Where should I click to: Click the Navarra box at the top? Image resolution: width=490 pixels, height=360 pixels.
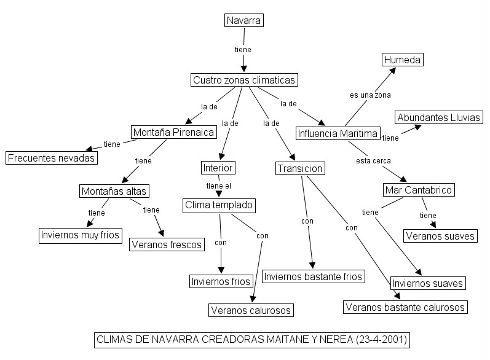(244, 21)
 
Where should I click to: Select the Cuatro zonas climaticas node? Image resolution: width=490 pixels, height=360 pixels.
(245, 80)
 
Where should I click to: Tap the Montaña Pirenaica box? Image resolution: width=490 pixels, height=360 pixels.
(173, 132)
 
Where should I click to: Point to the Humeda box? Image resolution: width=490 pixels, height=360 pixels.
(403, 60)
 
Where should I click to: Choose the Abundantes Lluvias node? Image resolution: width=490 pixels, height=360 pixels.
(438, 117)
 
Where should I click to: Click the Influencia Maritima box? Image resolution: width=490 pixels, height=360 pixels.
(338, 133)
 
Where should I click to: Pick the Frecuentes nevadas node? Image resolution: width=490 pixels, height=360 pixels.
(52, 158)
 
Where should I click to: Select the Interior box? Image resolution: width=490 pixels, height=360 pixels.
(218, 167)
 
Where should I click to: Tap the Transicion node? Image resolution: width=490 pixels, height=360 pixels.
(300, 168)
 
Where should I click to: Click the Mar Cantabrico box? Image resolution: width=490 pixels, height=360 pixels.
(419, 190)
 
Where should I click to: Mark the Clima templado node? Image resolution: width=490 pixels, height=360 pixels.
(219, 205)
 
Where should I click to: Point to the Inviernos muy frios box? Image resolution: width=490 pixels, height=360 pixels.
(80, 235)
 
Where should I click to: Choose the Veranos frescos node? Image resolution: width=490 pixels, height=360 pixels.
(167, 245)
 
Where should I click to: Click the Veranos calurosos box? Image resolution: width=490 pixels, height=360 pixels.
(250, 310)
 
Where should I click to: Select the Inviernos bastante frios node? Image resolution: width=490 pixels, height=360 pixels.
(314, 276)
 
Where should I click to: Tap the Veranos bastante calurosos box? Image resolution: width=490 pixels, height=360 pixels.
(405, 307)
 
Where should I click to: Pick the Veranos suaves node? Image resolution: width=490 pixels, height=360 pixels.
(440, 235)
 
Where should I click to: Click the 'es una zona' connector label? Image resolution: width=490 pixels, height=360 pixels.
(370, 95)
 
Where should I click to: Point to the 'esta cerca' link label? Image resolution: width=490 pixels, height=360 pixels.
(373, 161)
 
